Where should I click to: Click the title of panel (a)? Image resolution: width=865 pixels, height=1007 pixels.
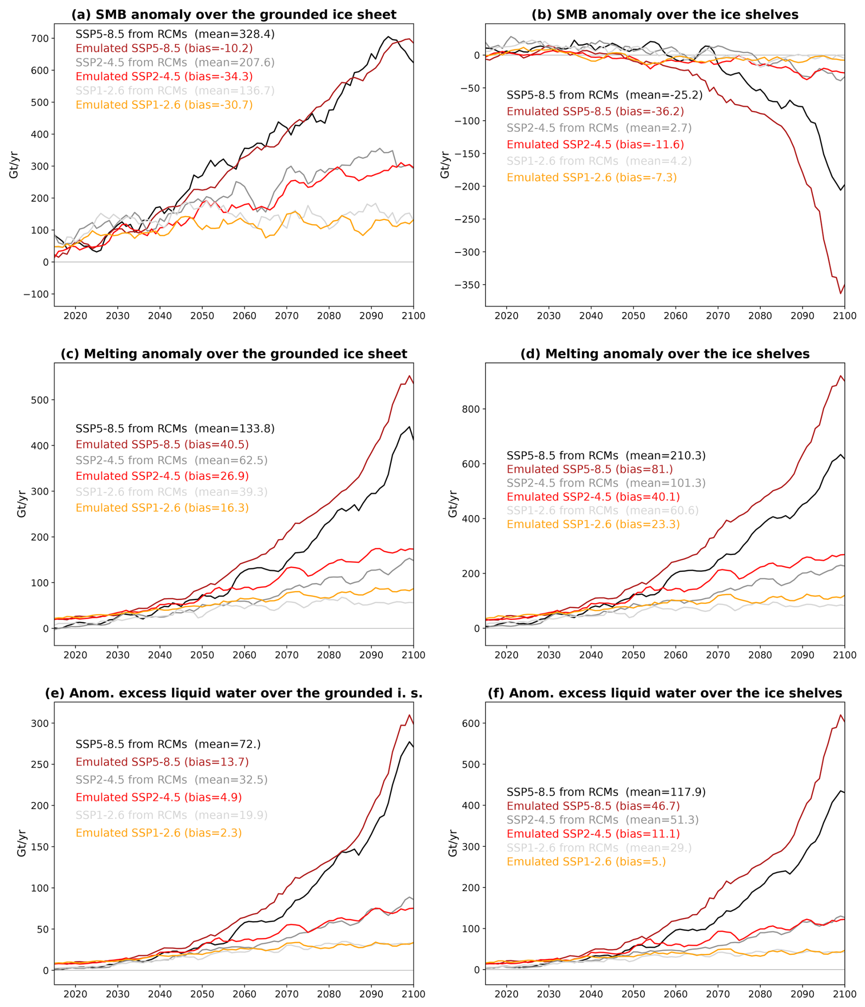[234, 15]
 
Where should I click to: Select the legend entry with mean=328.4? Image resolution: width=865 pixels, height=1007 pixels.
[175, 34]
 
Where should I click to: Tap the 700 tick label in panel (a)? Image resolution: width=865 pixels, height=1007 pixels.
[40, 38]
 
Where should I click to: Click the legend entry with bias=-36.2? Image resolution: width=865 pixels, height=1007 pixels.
[595, 111]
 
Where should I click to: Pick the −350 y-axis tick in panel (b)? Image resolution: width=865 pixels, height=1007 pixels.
[467, 285]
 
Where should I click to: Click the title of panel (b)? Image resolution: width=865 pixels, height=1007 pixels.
[664, 15]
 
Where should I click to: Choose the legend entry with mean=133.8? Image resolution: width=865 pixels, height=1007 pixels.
[175, 429]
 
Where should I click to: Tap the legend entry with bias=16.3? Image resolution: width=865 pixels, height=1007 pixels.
[162, 508]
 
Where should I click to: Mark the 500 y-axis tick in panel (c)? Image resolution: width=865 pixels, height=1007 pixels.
[40, 400]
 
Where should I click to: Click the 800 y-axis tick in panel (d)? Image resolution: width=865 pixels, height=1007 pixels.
[470, 409]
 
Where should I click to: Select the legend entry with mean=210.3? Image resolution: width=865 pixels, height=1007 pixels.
[606, 455]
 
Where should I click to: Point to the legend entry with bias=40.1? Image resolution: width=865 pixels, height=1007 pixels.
[593, 497]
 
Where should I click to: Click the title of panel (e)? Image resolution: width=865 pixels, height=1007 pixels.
[234, 693]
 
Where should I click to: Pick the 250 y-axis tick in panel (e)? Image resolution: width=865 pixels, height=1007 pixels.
[40, 765]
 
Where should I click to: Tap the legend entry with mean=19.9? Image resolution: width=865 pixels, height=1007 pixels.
[171, 815]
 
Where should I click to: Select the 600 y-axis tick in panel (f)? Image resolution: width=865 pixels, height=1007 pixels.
[470, 723]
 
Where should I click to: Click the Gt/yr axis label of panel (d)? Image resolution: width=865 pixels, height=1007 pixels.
[453, 504]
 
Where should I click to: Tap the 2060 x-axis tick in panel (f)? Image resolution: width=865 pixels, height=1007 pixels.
[676, 994]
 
